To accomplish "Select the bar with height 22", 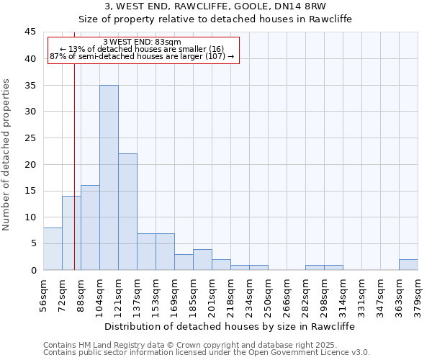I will (127, 212).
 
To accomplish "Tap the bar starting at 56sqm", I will (53, 248).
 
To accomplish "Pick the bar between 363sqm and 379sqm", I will (408, 264).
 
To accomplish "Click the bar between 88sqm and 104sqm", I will (90, 228).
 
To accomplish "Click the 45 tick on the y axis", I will (30, 32).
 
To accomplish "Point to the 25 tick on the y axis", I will (30, 138).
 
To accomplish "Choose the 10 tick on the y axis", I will (30, 217).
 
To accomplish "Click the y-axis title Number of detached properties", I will (7, 155).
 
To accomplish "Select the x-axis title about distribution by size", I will (230, 326).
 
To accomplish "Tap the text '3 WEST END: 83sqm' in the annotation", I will (142, 42).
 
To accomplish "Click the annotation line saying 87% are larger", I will (142, 56).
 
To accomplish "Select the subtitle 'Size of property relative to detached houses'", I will (215, 19).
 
